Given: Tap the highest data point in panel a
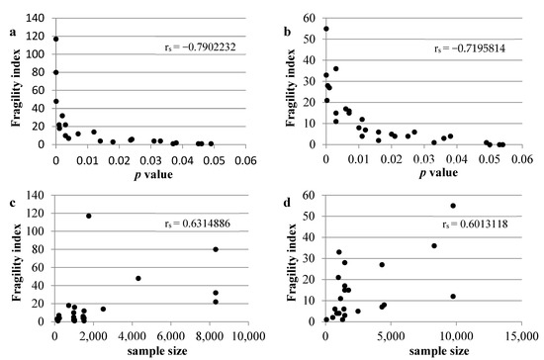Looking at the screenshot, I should pyautogui.click(x=55, y=39).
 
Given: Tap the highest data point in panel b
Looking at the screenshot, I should pyautogui.click(x=326, y=29).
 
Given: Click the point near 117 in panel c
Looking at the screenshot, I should pyautogui.click(x=89, y=216).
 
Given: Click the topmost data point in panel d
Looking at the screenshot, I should pyautogui.click(x=453, y=206).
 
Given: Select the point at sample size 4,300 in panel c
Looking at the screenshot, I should pyautogui.click(x=138, y=278).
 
